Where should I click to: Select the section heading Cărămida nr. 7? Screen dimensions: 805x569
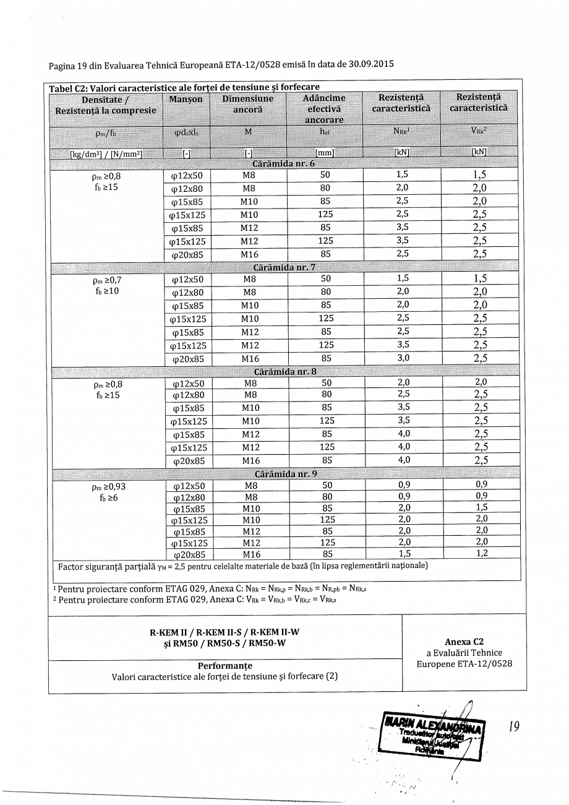tap(284, 267)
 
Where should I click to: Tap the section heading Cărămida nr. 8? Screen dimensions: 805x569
tap(285, 372)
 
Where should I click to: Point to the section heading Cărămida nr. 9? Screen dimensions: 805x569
tap(285, 475)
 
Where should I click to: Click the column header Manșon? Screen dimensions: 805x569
tap(186, 99)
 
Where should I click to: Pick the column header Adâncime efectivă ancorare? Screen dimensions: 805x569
tap(324, 108)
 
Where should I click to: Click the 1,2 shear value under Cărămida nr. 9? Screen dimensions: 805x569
tap(481, 554)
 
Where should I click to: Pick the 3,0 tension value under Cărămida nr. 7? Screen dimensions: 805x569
tap(403, 358)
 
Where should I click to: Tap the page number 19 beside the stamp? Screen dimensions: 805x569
tap(513, 728)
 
